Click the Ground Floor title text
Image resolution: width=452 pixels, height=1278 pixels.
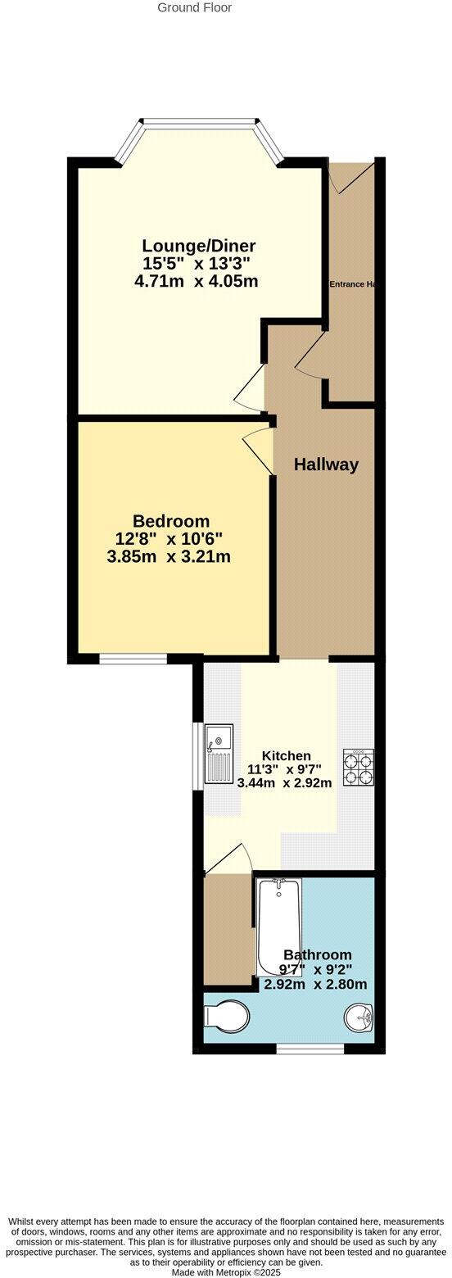(x=194, y=7)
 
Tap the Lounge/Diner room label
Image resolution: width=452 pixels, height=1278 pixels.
(x=199, y=246)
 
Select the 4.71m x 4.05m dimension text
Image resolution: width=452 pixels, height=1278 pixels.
(x=197, y=282)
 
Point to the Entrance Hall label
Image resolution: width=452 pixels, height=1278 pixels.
(x=353, y=284)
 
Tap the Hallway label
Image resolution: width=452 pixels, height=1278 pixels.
(x=326, y=465)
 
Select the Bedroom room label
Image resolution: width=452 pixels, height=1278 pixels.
(x=171, y=521)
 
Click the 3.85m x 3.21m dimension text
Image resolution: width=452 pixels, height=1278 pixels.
(x=169, y=557)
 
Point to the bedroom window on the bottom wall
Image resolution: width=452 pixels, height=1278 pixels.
(x=133, y=658)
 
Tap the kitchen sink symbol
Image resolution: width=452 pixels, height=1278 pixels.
(x=219, y=754)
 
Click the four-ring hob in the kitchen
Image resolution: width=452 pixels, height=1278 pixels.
(x=358, y=768)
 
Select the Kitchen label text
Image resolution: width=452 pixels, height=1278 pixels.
(x=286, y=755)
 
